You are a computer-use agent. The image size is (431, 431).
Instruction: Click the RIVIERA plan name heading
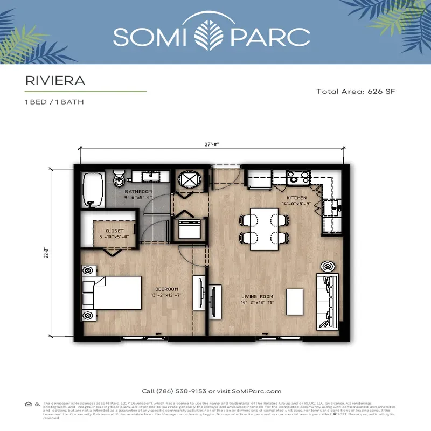click(55, 80)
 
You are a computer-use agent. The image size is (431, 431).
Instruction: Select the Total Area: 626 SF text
click(356, 92)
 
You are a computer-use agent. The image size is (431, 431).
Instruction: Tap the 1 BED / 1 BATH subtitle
click(54, 102)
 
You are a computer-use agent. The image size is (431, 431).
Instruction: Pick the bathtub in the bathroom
click(93, 189)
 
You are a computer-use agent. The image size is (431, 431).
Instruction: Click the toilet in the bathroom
click(119, 177)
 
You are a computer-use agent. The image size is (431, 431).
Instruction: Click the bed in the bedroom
click(116, 293)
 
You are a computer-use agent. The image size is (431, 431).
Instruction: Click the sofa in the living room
click(328, 301)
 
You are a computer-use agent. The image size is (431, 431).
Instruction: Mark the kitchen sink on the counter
click(331, 207)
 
